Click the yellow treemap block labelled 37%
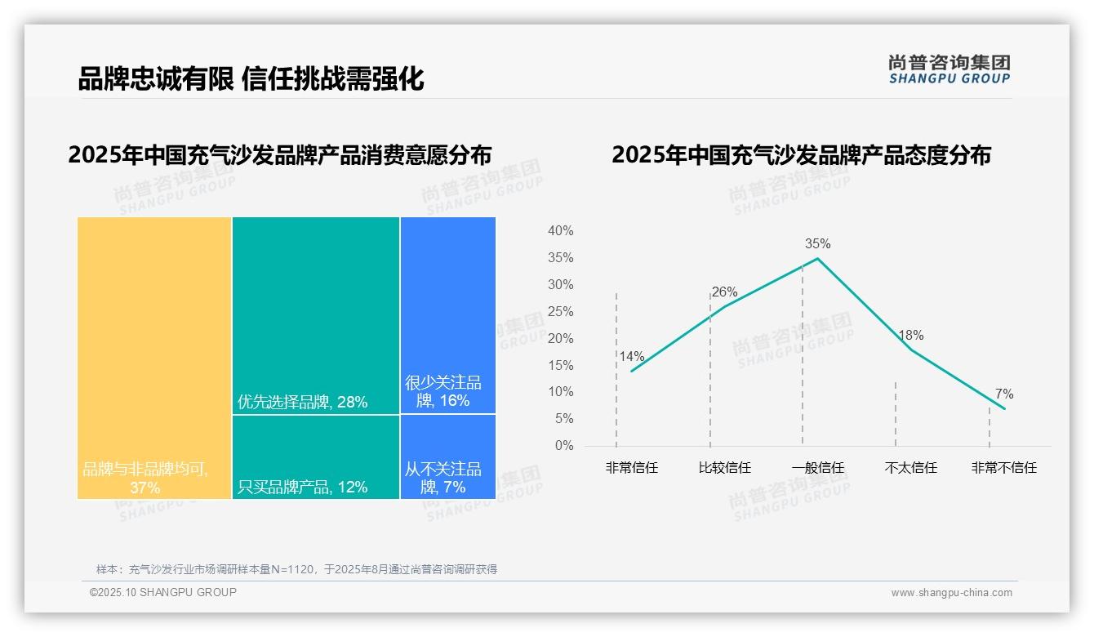coord(154,357)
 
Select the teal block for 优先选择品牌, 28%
coord(316,315)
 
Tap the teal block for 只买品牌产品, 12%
coord(316,457)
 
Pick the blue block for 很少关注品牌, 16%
coord(448,315)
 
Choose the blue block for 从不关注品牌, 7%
coord(448,457)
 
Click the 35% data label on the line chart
coord(817,243)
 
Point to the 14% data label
coord(631,356)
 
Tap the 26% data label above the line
coord(724,292)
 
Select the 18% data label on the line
coord(910,336)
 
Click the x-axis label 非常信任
coord(631,468)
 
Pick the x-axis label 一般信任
coord(817,468)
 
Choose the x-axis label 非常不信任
coord(1003,468)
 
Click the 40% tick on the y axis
coord(560,231)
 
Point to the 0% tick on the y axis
coord(564,446)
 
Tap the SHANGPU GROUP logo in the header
coord(949,69)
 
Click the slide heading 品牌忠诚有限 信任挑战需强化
coord(251,78)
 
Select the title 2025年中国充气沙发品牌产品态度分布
coord(800,155)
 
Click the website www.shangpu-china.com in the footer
coord(951,593)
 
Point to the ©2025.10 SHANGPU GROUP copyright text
coord(163,592)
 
